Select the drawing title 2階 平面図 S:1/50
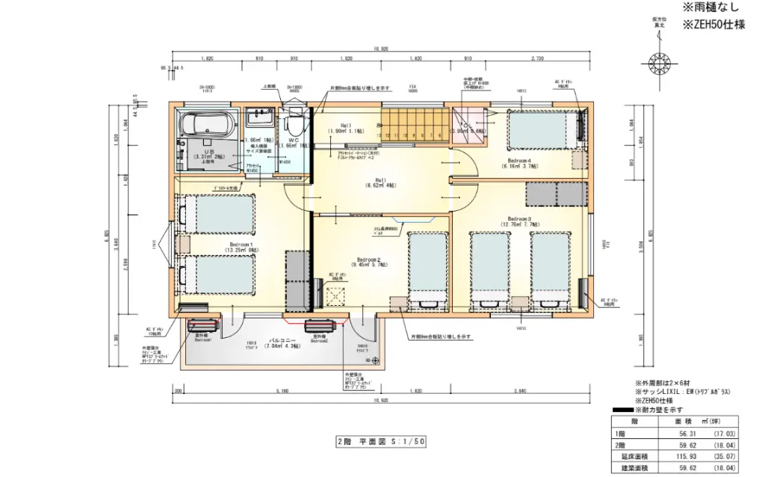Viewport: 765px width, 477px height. [x=381, y=442]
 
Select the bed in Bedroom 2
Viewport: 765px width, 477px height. [x=428, y=269]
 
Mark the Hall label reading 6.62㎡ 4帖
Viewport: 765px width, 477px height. [x=381, y=182]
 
